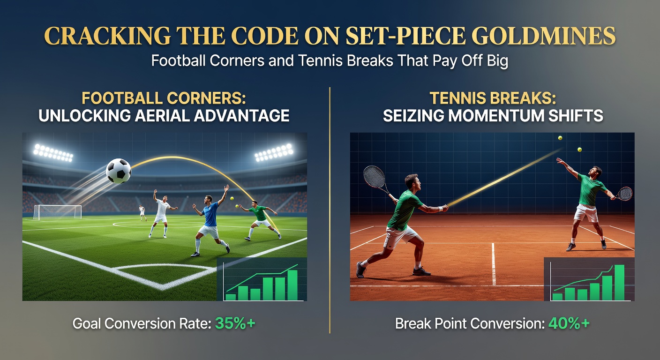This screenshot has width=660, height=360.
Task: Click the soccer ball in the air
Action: tap(119, 171)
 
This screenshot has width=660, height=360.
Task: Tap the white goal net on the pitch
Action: tap(57, 212)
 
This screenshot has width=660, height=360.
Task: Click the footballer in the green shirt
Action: tap(260, 219)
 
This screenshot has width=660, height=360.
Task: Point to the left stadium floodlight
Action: tap(53, 153)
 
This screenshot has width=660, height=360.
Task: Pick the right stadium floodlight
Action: tap(274, 153)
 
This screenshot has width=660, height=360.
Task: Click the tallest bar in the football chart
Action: tap(292, 285)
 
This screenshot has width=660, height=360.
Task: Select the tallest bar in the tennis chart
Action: tap(619, 283)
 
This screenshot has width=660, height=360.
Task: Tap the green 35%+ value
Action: tap(235, 323)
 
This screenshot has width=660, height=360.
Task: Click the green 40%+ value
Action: tap(569, 323)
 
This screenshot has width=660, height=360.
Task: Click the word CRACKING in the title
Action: tap(107, 36)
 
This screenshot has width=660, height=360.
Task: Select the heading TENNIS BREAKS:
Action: tap(493, 98)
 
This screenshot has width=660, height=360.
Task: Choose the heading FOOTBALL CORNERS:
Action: tap(164, 98)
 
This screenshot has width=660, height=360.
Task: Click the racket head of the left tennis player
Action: tap(375, 176)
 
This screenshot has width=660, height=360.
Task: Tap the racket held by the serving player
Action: tap(622, 194)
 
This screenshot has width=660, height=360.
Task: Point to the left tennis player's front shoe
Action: tap(421, 271)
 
